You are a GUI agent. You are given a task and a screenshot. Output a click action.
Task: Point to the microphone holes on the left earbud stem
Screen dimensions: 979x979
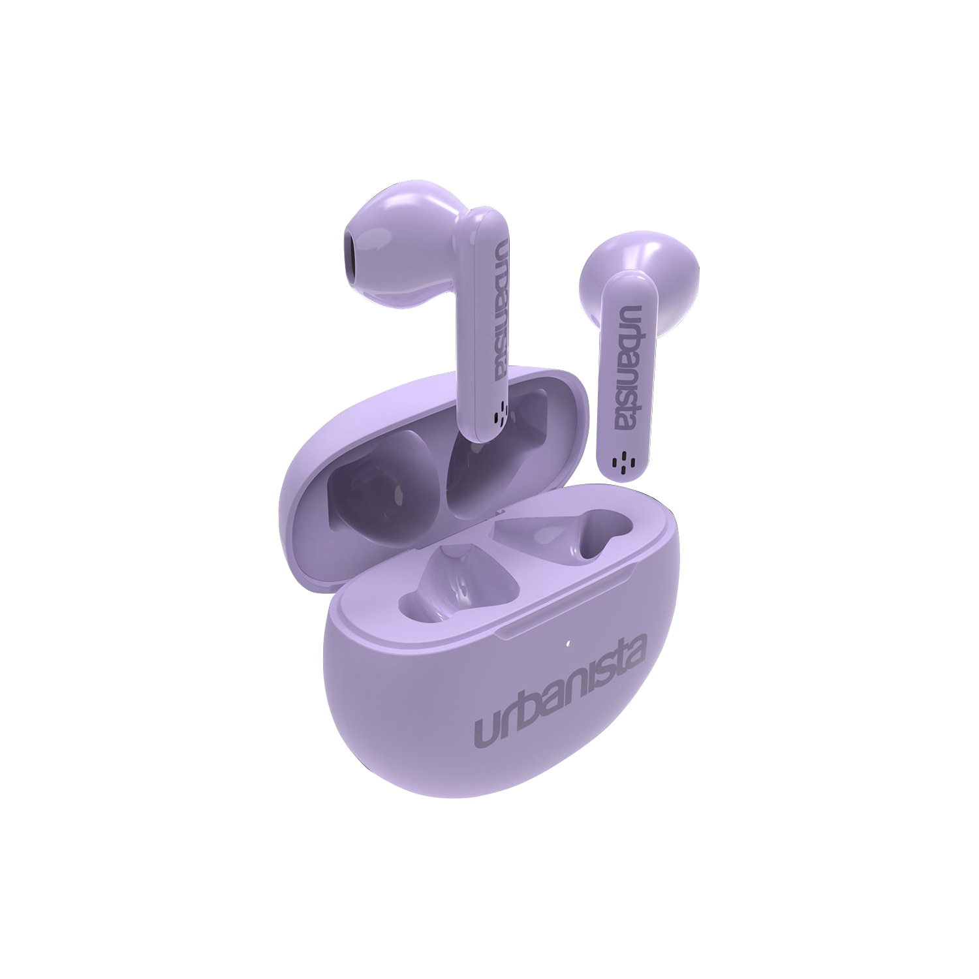click(x=500, y=412)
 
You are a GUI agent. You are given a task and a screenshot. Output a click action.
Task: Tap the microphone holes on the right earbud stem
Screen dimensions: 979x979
click(x=619, y=462)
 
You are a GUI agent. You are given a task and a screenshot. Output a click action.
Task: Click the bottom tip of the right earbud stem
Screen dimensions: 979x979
click(x=618, y=474)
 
